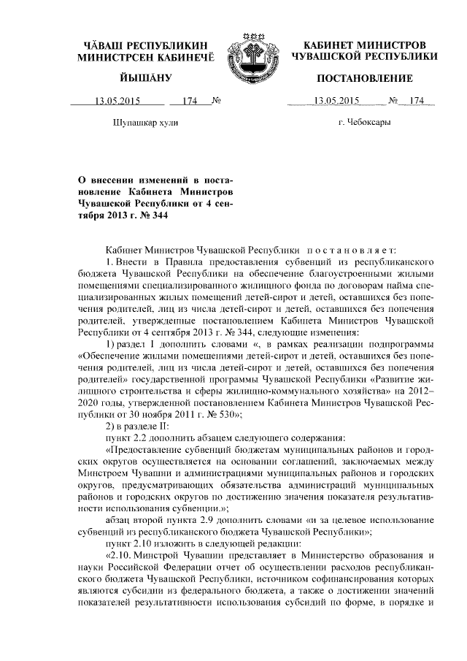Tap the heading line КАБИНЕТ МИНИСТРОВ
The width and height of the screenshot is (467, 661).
coord(365,45)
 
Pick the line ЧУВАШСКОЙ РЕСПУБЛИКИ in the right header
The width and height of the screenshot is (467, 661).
coord(365,56)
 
